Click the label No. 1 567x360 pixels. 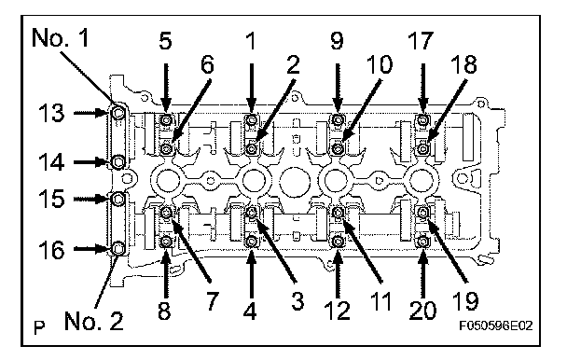(x=61, y=37)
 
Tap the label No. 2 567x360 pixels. (x=94, y=321)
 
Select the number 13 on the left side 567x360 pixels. (x=51, y=113)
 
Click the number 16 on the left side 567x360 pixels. (x=51, y=250)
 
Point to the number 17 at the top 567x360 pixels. (x=421, y=40)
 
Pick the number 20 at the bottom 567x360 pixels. (x=423, y=310)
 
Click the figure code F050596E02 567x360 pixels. (x=496, y=326)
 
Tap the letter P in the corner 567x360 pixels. (x=39, y=327)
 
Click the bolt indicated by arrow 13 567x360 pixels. (x=118, y=113)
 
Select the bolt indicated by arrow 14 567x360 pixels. (x=118, y=161)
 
